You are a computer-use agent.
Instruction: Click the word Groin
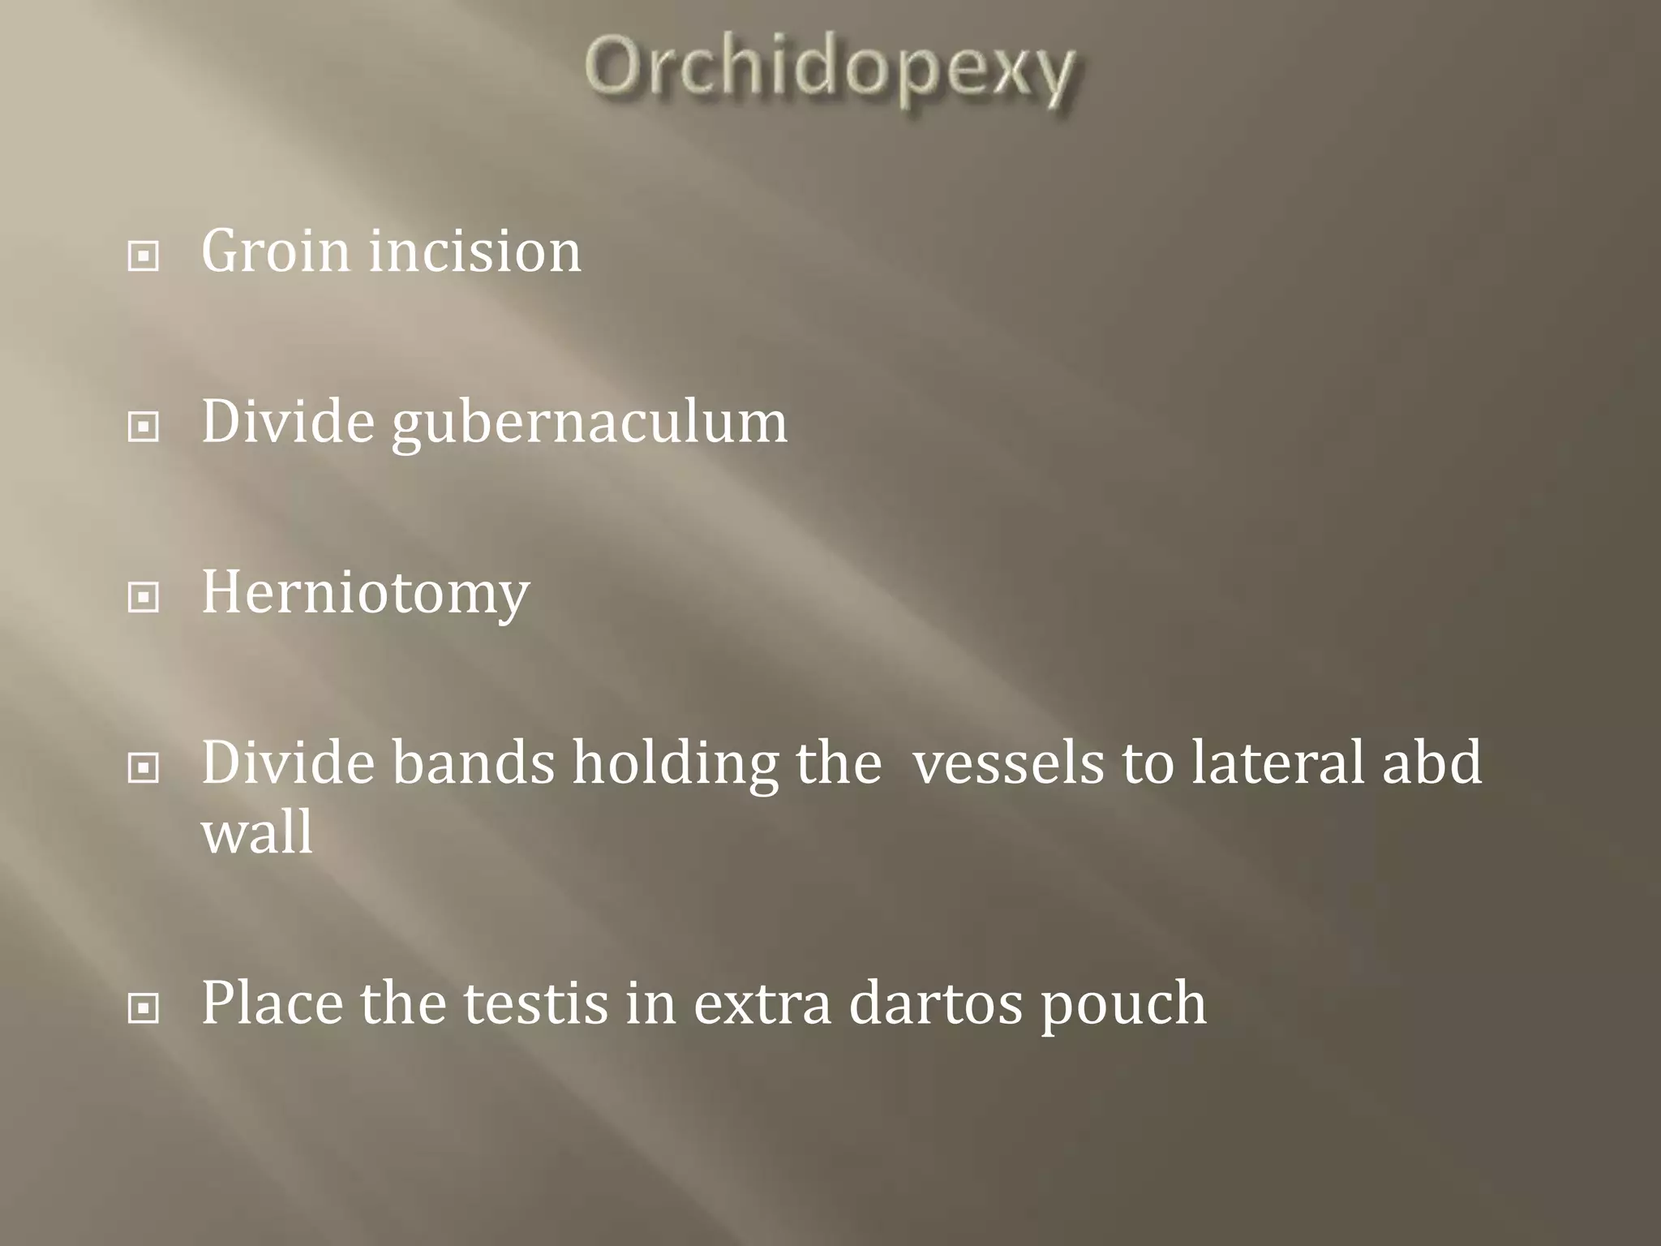(x=275, y=251)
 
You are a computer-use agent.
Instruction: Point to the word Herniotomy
(x=365, y=593)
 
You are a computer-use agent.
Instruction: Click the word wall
(x=256, y=833)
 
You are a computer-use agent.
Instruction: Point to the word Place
(x=272, y=1003)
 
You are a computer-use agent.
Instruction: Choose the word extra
(x=762, y=1003)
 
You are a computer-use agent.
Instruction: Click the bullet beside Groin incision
(x=144, y=257)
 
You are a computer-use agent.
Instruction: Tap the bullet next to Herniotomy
(x=144, y=599)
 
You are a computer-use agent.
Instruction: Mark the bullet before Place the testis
(x=144, y=1009)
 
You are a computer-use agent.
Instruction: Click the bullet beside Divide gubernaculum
(x=144, y=428)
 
